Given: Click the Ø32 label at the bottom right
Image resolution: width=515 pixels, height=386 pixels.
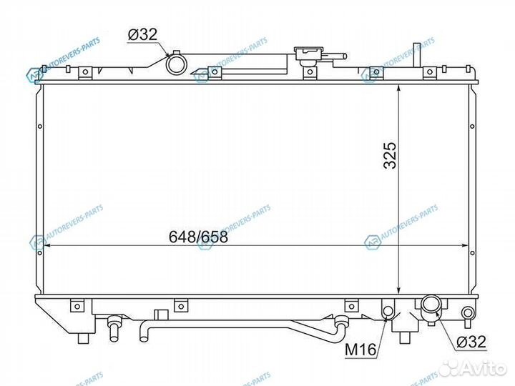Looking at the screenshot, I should pyautogui.click(x=471, y=342).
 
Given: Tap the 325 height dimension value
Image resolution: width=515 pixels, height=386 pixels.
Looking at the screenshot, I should pyautogui.click(x=389, y=154).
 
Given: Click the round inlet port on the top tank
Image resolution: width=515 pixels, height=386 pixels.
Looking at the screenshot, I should pyautogui.click(x=176, y=64).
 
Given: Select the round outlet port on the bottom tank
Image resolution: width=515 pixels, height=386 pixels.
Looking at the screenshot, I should pyautogui.click(x=432, y=306).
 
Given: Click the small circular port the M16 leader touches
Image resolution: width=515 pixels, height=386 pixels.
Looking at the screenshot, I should pyautogui.click(x=388, y=311).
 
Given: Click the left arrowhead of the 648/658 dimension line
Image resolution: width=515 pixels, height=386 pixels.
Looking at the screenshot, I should pyautogui.click(x=48, y=247).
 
